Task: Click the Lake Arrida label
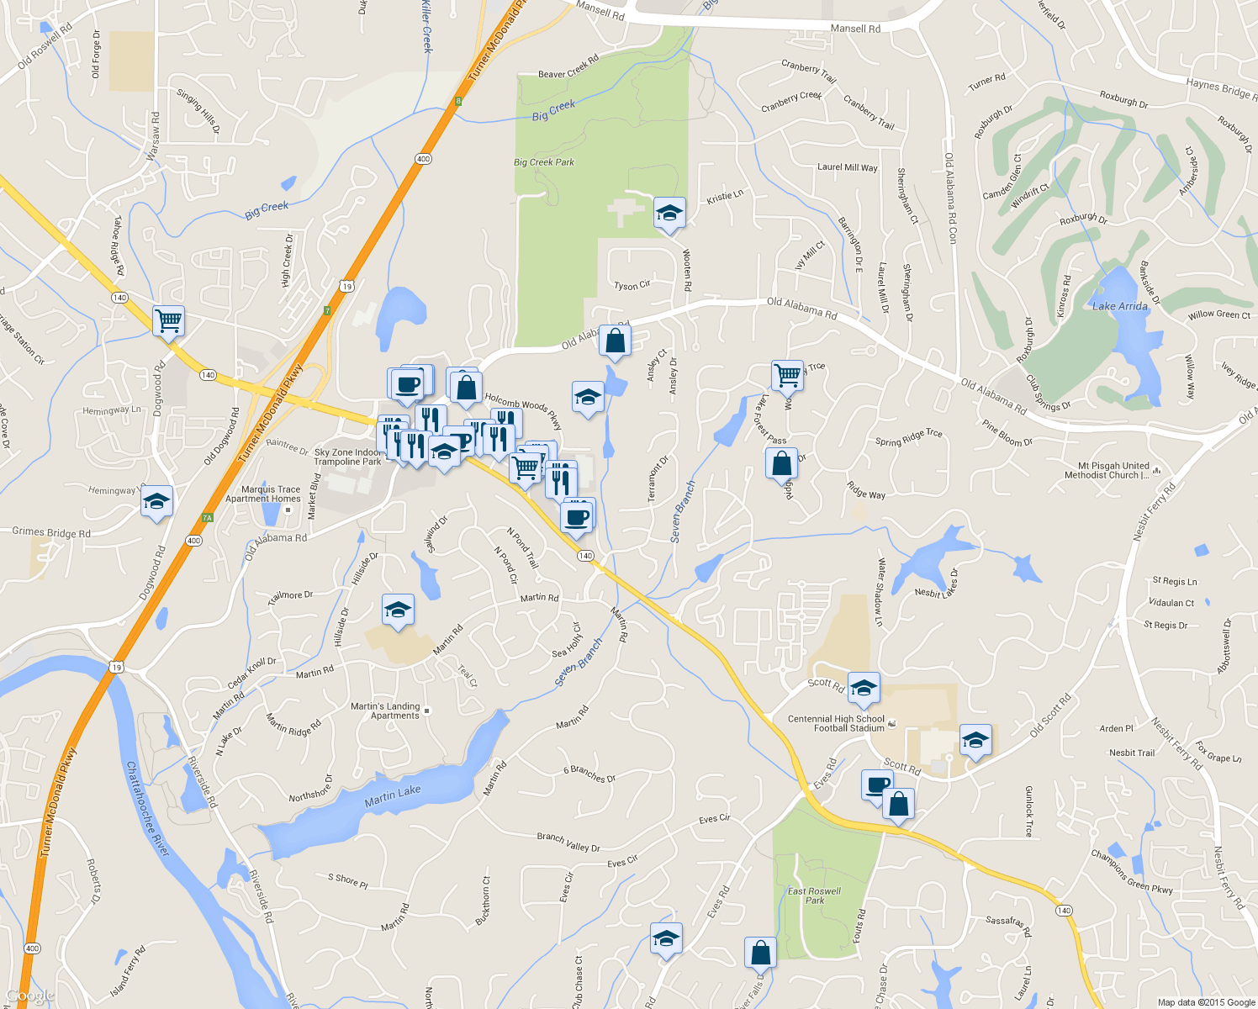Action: coord(1119,306)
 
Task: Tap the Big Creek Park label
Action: coord(543,162)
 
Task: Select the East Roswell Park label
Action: coord(814,895)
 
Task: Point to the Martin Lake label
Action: coord(393,795)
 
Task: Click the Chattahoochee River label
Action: coord(148,809)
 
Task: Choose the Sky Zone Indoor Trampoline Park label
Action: coord(347,457)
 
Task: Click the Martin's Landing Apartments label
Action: coord(385,711)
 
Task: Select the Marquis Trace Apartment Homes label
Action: coord(263,494)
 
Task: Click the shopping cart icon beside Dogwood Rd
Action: coord(169,320)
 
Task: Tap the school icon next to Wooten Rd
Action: coord(669,214)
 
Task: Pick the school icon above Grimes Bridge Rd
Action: coord(156,502)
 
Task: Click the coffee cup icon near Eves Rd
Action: coord(877,785)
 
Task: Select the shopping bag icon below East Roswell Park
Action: coord(760,953)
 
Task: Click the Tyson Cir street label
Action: coord(632,286)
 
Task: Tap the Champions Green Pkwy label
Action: coord(1131,871)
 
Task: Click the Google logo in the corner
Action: coord(30,996)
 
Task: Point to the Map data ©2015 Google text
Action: coord(1206,1002)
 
